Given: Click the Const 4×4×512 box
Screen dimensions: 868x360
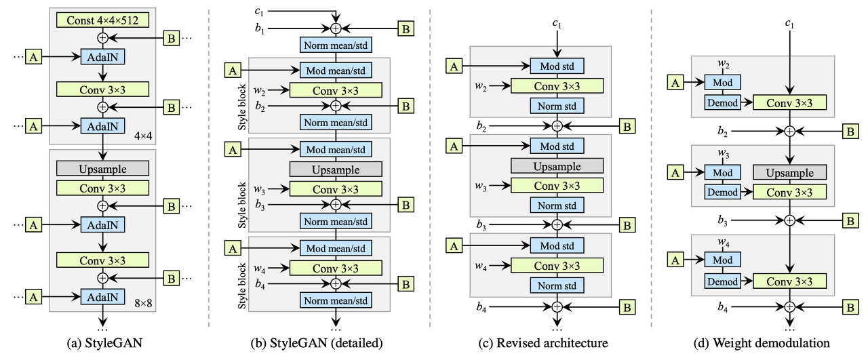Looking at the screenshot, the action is point(102,20).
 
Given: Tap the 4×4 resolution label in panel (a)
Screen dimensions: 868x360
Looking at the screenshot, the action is point(143,136).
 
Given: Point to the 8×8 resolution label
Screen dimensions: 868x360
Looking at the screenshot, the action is point(143,304).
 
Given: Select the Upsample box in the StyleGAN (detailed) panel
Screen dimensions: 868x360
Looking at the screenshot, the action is point(336,169).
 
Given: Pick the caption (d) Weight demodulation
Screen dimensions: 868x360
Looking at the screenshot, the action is point(762,343).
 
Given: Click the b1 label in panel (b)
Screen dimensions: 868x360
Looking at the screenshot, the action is point(260,29).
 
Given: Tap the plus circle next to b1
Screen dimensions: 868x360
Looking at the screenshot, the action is point(336,28).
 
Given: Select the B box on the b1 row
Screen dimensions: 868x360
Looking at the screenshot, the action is point(406,28).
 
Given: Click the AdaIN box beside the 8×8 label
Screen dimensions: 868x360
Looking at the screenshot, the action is point(102,297).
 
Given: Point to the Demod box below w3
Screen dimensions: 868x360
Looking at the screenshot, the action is point(722,193).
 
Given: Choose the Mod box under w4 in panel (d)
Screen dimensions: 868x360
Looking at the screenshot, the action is point(722,260).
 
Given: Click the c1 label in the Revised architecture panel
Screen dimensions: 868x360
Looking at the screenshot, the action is point(557,24).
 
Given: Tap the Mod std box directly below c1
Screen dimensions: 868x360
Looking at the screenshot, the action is point(557,66).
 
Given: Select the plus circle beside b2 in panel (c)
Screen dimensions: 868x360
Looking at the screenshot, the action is point(557,126).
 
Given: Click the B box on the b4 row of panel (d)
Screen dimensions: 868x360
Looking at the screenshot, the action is point(850,307).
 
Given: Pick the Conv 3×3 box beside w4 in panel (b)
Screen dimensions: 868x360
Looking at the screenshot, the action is point(336,268).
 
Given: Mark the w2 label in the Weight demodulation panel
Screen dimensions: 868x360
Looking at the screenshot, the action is point(723,64).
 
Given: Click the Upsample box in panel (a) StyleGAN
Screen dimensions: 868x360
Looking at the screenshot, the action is point(102,169).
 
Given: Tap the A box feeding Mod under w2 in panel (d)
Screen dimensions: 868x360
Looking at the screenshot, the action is point(675,83).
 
